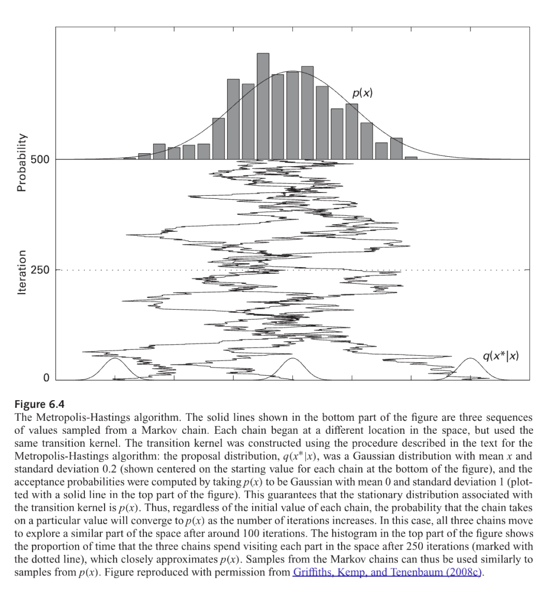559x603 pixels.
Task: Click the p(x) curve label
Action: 362,93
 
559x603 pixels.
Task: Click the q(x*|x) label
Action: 500,356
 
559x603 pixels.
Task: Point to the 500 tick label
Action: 40,159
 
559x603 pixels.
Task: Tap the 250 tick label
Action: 40,270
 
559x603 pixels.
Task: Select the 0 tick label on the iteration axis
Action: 46,378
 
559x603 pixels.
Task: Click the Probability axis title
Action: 21,163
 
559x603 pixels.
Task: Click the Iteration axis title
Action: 21,273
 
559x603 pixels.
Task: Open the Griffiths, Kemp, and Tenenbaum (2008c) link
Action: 387,572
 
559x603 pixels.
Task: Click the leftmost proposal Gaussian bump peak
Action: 115,359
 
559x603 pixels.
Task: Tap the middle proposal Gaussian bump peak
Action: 293,359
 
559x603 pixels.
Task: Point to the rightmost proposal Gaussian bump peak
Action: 470,359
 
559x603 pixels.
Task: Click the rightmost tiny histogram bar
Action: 411,158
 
